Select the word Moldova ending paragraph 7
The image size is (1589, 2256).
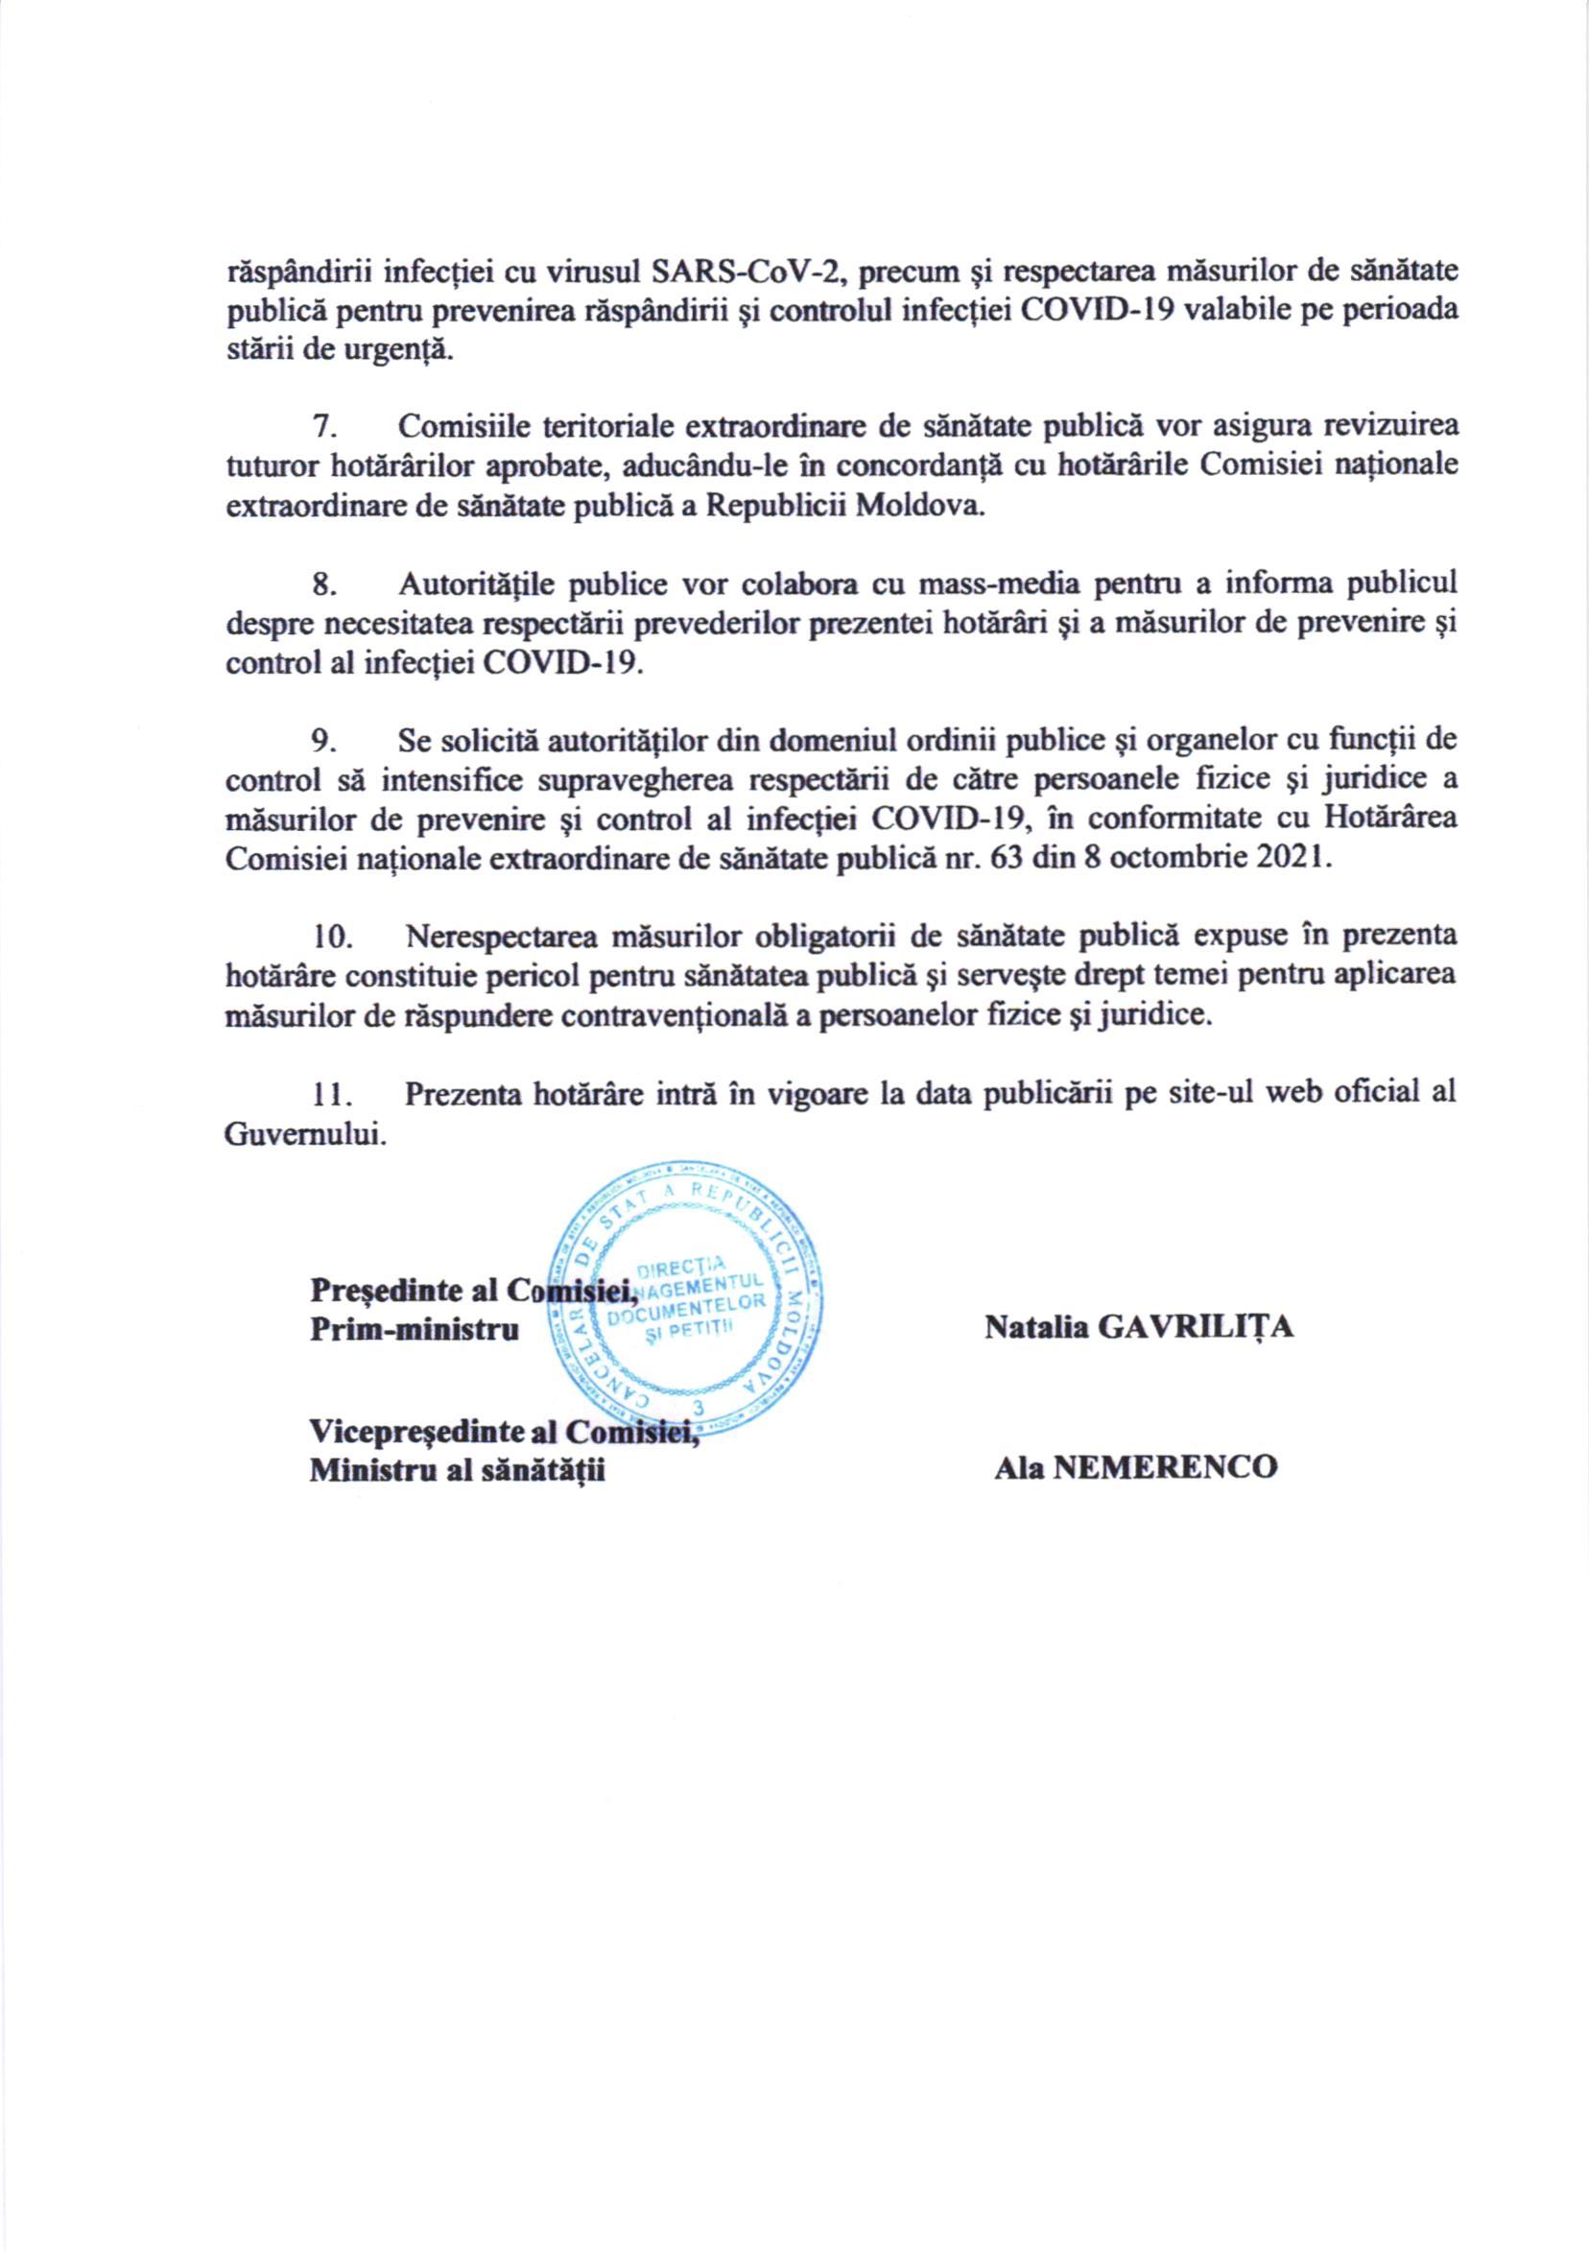tap(920, 506)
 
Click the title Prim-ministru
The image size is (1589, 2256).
tap(415, 1330)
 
